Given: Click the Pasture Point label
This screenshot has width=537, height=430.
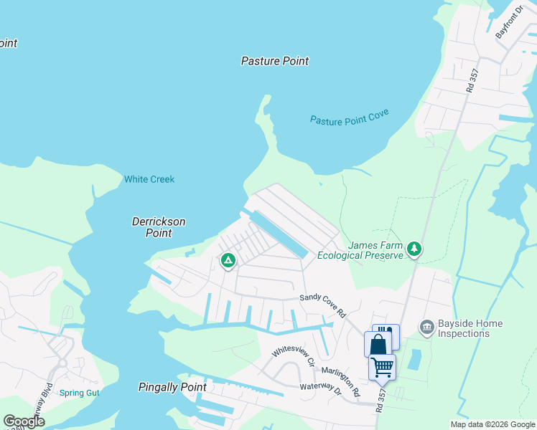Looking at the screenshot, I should [275, 61].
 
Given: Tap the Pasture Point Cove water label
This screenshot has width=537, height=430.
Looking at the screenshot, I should [350, 119].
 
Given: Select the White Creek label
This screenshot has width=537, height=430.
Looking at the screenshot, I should [149, 179].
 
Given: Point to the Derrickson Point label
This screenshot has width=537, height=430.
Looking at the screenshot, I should [159, 227].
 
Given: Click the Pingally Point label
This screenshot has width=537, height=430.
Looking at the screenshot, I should [172, 388].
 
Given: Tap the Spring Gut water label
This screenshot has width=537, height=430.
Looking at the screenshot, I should [79, 393].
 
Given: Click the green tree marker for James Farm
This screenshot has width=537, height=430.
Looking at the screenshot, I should [414, 249].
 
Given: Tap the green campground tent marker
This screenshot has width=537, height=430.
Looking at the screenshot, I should [228, 260].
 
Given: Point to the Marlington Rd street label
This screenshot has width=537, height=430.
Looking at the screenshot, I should [340, 382].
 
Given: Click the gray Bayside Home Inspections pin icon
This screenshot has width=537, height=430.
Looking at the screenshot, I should [426, 328].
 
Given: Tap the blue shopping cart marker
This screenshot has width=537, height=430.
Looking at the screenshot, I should [382, 367].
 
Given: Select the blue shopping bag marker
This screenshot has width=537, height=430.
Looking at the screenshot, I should [378, 345].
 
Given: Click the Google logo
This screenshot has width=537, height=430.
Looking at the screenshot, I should [24, 421].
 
